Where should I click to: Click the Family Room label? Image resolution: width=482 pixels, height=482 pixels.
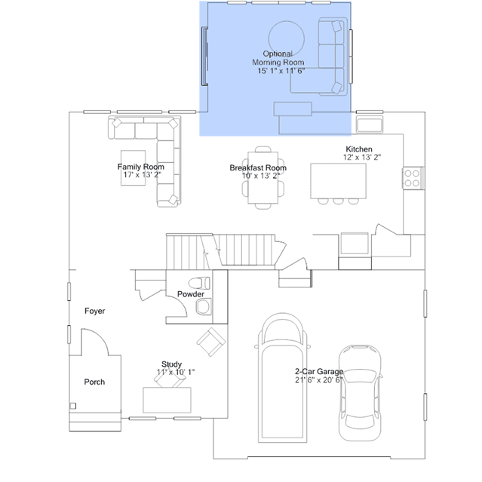[141, 167]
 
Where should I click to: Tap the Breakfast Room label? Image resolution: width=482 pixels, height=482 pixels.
[258, 168]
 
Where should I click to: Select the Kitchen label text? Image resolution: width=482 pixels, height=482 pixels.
[359, 149]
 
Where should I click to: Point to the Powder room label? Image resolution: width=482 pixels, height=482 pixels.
[191, 294]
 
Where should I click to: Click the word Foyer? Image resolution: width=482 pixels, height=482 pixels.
[95, 311]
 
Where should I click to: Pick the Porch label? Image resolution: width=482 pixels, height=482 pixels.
[94, 382]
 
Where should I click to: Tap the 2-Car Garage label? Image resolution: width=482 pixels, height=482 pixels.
[319, 372]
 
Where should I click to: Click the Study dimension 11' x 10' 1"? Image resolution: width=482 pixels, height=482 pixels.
[176, 373]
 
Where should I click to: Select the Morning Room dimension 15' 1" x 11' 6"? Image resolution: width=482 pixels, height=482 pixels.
[281, 71]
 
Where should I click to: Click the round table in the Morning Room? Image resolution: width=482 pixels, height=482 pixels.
[287, 38]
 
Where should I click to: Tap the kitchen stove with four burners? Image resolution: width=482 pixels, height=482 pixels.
[413, 178]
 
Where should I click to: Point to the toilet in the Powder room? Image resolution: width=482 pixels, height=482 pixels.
[199, 283]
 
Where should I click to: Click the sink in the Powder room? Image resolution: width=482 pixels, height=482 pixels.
[203, 307]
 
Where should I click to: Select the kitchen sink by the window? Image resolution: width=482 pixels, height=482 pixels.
[369, 124]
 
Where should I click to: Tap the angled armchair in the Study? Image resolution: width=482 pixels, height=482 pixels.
[211, 342]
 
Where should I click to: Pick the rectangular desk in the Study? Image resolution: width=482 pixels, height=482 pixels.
[167, 400]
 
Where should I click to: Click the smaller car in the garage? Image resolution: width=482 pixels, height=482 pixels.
[360, 393]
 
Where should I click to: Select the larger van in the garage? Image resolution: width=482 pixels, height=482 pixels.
[282, 378]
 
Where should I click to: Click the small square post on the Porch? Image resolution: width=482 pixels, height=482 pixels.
[73, 406]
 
